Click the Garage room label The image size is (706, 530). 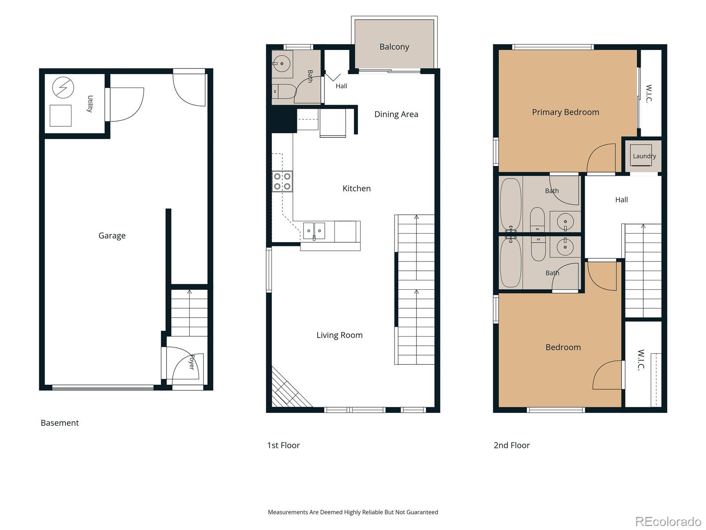112,236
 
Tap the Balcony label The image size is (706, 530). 394,47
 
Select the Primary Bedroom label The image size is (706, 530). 565,112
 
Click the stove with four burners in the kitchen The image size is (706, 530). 282,182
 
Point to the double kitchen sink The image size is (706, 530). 314,231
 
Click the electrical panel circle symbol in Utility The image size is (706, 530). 63,87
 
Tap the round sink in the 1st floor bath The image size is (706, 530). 282,64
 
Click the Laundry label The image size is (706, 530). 644,156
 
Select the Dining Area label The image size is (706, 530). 396,114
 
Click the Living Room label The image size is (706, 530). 339,335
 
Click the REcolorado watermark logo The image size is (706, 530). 668,522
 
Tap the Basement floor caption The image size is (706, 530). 60,423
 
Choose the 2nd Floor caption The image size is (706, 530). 511,445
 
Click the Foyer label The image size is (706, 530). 192,362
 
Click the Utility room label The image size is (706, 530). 90,104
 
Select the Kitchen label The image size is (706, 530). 357,189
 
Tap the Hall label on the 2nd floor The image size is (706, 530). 621,200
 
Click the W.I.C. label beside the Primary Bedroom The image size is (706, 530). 649,93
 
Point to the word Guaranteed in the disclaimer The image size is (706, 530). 422,512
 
